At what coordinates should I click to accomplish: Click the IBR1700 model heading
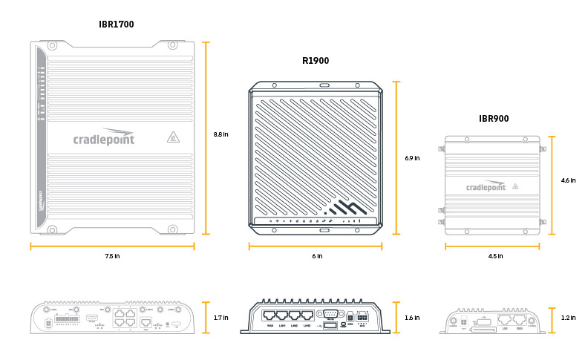pos(116,24)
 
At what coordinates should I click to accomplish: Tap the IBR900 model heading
pos(494,118)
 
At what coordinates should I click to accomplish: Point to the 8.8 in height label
pos(221,134)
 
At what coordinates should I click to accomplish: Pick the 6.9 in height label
pos(413,158)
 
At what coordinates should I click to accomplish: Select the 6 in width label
pos(317,257)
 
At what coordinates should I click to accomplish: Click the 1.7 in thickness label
pos(221,318)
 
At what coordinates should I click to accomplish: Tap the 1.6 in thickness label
pos(413,318)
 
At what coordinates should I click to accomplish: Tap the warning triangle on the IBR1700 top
pos(172,137)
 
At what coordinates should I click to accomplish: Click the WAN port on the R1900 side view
pos(270,315)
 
